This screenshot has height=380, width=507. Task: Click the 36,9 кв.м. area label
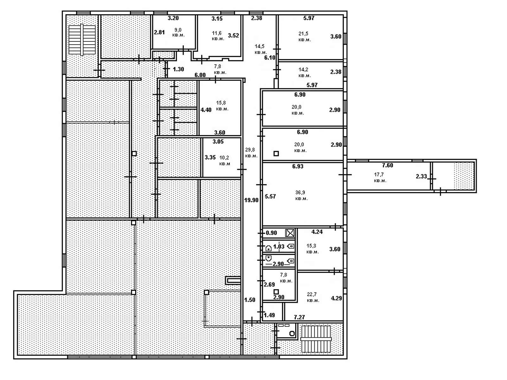click(301, 195)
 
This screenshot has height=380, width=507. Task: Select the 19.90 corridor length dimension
click(251, 200)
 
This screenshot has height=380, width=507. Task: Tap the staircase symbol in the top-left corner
click(82, 40)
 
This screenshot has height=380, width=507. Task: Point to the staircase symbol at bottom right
click(316, 339)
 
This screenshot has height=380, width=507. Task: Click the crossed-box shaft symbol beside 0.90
click(290, 233)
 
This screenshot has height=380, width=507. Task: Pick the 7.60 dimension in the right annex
click(387, 165)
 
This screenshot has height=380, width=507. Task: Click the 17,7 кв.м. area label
click(380, 177)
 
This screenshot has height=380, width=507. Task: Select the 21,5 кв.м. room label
click(304, 36)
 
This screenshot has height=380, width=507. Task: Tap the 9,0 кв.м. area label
click(178, 32)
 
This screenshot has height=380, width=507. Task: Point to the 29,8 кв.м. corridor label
click(251, 152)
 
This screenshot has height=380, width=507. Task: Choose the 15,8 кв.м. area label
click(222, 105)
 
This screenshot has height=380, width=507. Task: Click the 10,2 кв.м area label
click(224, 160)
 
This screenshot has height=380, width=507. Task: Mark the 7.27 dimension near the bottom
click(299, 317)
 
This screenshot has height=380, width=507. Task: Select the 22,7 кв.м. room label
click(312, 297)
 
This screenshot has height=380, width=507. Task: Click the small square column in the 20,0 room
click(276, 154)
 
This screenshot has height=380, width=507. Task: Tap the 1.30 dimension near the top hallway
click(178, 69)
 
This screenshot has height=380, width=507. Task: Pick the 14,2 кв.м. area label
click(304, 72)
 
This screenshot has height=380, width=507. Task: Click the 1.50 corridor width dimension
click(250, 300)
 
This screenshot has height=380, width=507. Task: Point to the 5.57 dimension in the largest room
click(270, 196)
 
